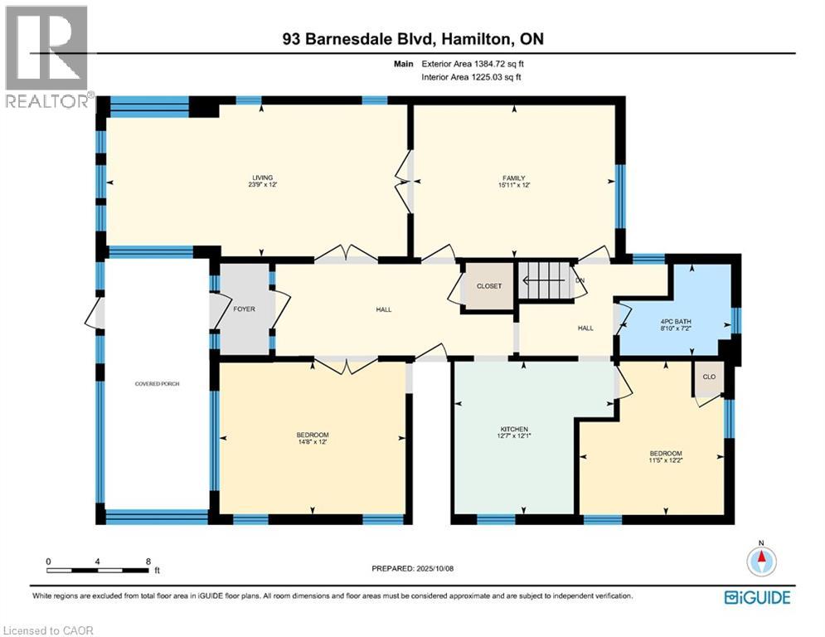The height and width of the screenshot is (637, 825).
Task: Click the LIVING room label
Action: [x=263, y=177]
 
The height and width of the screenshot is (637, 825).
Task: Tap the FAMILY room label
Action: [x=513, y=177]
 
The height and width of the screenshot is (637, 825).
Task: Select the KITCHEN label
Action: [x=514, y=429]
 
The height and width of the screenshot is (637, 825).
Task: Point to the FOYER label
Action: [x=245, y=309]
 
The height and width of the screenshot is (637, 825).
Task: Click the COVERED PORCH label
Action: [x=157, y=384]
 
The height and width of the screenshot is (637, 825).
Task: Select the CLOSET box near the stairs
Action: [x=488, y=286]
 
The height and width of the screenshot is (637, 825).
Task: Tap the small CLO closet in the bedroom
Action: [x=709, y=376]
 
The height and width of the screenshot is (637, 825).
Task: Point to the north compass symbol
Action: [x=760, y=562]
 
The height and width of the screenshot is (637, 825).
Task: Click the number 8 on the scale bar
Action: [x=148, y=562]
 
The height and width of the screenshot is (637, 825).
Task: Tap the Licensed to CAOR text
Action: [x=48, y=630]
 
